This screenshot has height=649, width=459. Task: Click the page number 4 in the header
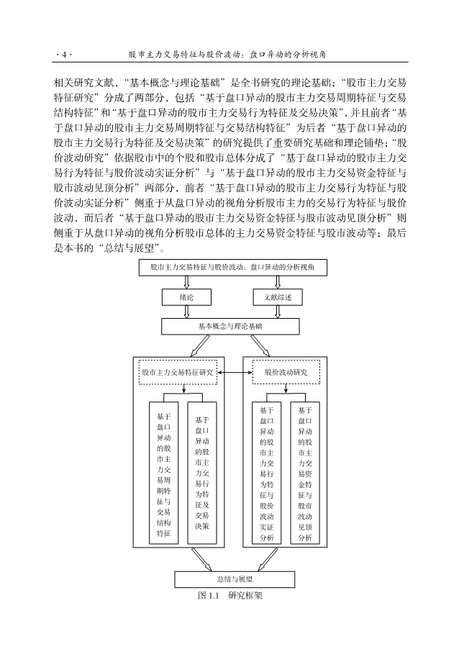[x=63, y=54]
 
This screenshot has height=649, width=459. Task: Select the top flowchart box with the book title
[x=229, y=267]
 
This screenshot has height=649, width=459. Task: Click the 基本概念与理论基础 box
[x=229, y=326]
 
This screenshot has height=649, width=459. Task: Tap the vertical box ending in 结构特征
[x=163, y=474]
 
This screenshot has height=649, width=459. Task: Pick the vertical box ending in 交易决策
[x=202, y=473]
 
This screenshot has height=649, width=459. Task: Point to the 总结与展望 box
[x=229, y=578]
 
